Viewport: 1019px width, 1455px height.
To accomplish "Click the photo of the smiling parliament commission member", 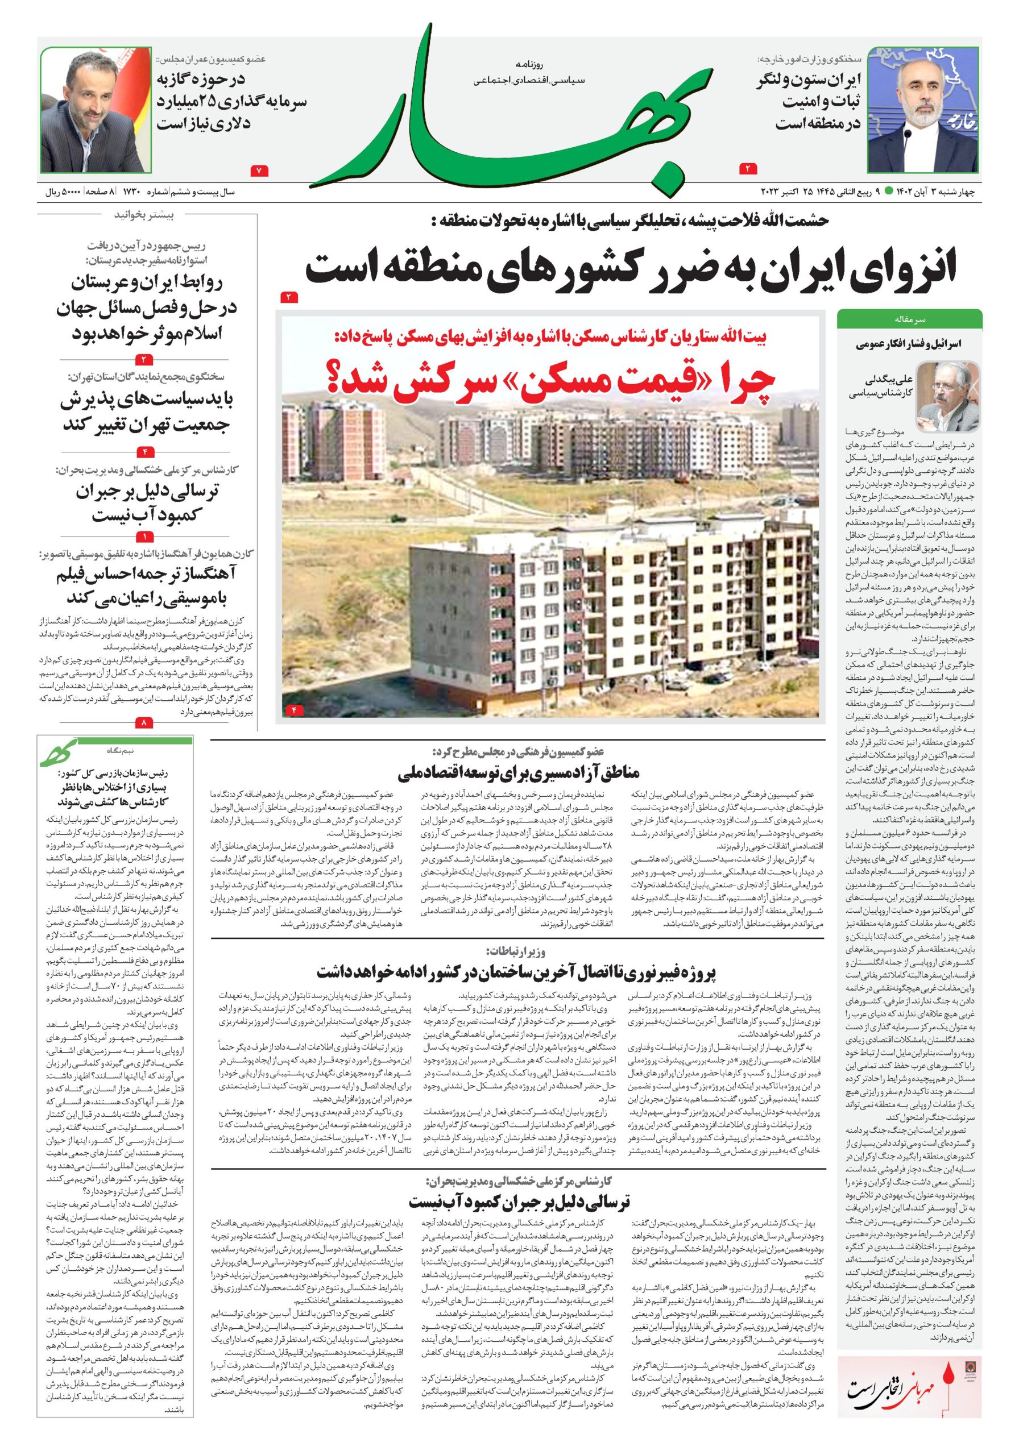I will [96, 110].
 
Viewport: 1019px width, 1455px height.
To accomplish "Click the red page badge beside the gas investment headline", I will [260, 170].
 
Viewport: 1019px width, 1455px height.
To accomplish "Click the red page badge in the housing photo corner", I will [294, 710].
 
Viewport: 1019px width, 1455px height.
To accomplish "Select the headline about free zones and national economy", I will [519, 772].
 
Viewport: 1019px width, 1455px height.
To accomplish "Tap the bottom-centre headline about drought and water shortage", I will [519, 1202].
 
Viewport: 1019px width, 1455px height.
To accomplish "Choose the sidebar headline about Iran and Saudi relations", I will [147, 307].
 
